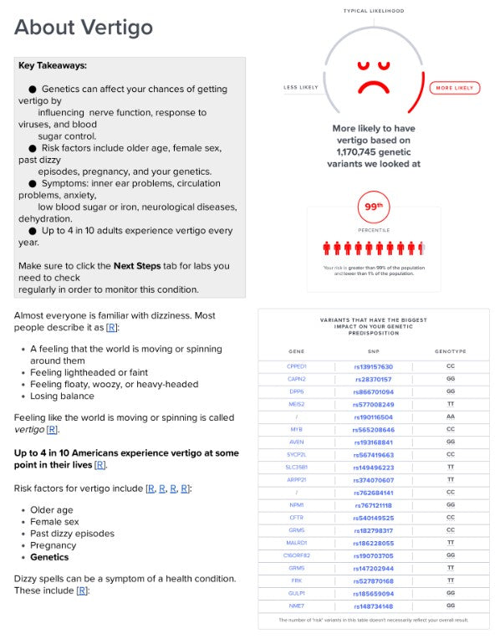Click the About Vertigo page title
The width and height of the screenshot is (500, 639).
84,28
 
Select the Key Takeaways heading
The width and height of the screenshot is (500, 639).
52,65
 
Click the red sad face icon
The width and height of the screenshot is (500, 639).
372,76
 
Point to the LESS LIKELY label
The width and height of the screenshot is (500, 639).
300,88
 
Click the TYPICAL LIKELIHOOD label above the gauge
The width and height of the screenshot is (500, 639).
373,11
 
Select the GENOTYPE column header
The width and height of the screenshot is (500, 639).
450,351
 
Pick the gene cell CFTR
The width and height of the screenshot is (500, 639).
296,518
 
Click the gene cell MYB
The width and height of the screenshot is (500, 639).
296,429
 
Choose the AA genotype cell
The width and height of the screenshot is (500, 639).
450,417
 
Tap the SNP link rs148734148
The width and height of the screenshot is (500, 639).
372,606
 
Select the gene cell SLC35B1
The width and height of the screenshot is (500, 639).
296,467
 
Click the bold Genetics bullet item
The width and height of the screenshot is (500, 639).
49,557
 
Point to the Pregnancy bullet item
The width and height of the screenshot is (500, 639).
55,545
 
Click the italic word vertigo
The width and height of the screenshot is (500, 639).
28,429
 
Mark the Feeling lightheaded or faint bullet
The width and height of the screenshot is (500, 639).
89,372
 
